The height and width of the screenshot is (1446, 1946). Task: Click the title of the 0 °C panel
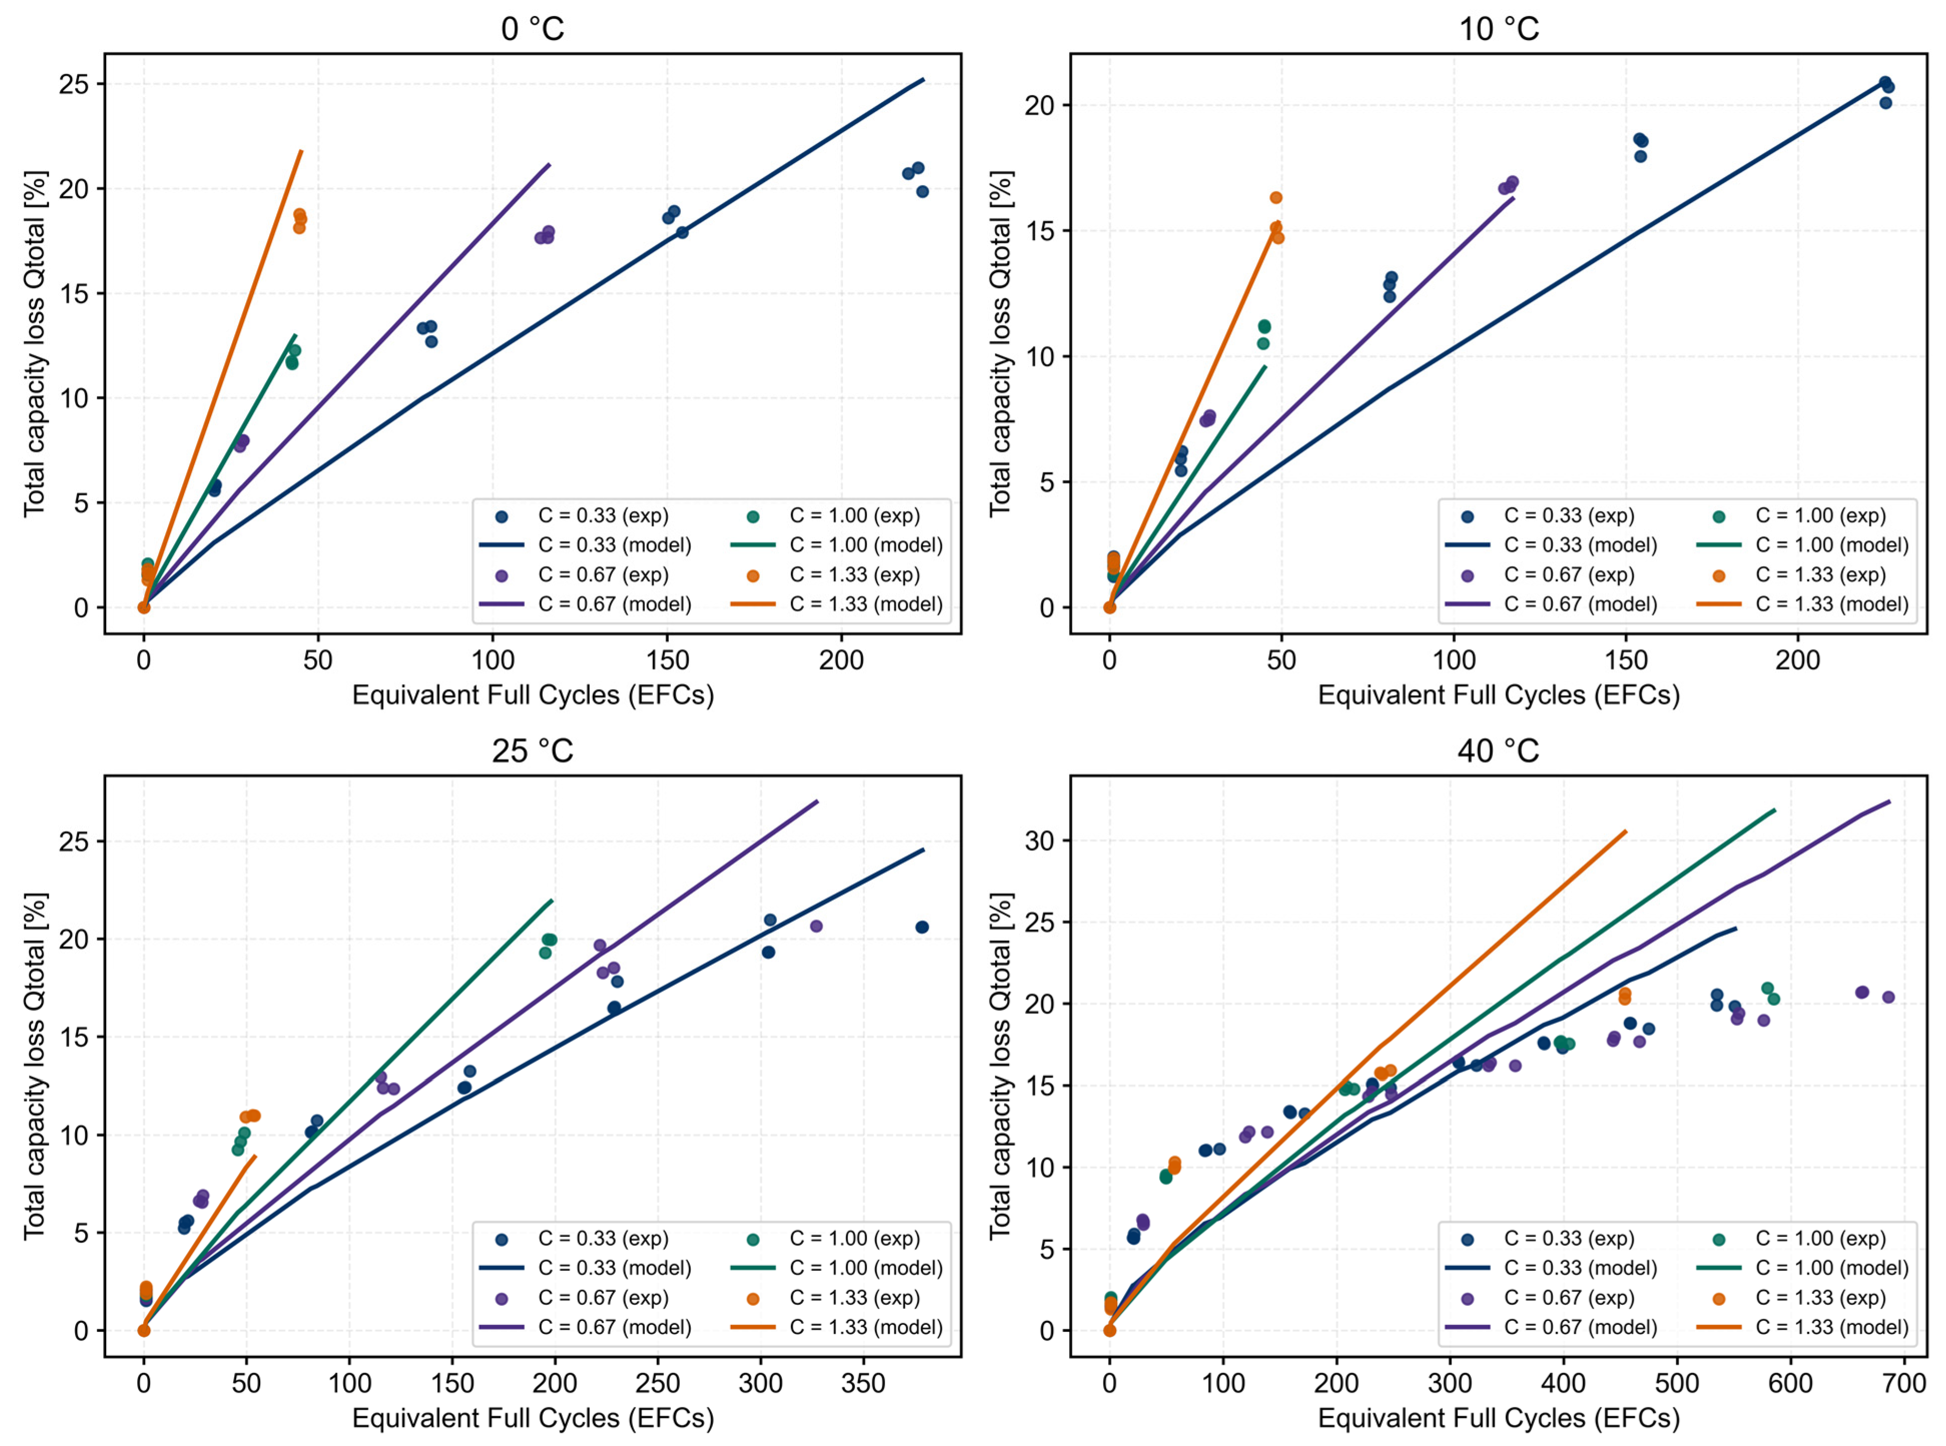[x=532, y=29]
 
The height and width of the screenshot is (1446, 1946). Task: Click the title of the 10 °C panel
[x=1498, y=29]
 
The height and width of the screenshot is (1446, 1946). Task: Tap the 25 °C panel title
[x=532, y=751]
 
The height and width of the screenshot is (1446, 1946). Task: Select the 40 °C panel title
[x=1498, y=751]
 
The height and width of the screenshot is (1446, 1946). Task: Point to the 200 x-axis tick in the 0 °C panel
[x=841, y=660]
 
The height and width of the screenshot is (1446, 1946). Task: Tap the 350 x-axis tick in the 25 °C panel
[x=863, y=1383]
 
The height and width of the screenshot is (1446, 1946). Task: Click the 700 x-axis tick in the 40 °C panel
[x=1904, y=1383]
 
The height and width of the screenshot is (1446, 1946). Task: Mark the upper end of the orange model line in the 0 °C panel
[x=301, y=151]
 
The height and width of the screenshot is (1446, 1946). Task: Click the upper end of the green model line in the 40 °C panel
[x=1774, y=810]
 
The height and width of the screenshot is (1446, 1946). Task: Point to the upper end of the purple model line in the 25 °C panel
[x=817, y=801]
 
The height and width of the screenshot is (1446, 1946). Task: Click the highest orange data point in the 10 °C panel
[x=1275, y=198]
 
